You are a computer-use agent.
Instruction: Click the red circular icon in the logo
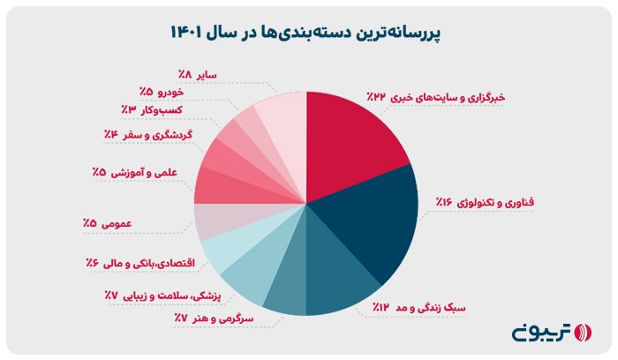(580, 333)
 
